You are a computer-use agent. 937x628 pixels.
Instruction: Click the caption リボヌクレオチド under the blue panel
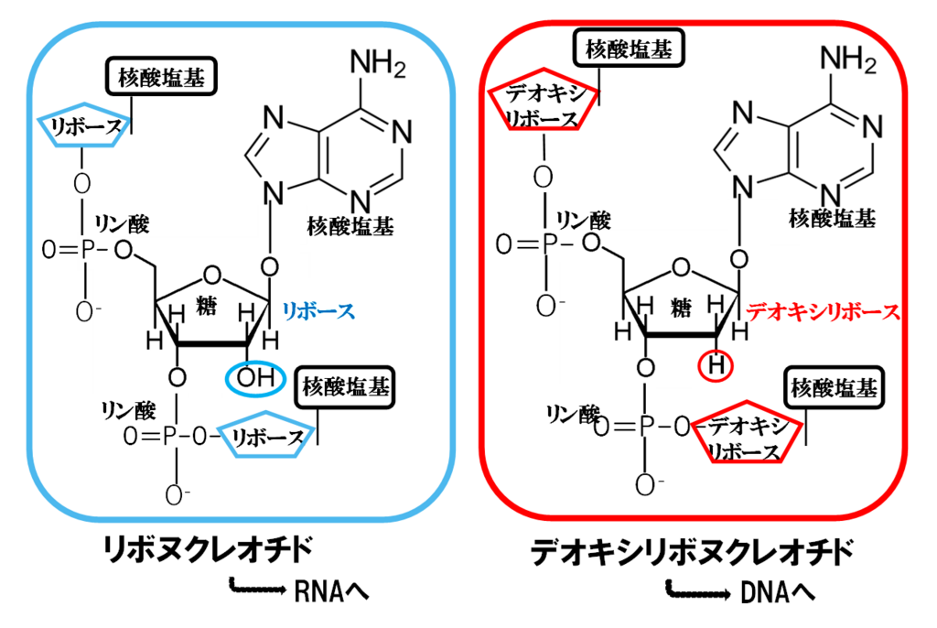208,551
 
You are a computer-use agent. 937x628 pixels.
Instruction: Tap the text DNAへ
776,593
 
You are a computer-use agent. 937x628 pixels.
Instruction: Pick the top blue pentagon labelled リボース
81,125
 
